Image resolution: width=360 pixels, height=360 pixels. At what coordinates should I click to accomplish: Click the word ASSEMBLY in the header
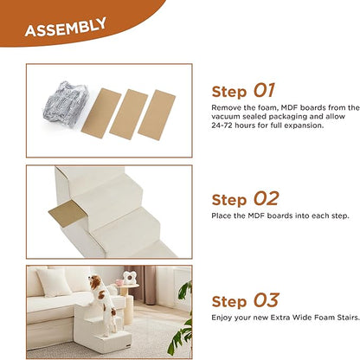65,29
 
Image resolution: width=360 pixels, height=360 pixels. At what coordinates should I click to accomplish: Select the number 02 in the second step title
267,200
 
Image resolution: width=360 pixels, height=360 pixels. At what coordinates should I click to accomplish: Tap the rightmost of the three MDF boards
157,114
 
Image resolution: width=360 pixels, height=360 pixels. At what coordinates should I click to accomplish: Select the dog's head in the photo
99,285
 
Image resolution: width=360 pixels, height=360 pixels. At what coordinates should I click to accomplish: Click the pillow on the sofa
54,281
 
